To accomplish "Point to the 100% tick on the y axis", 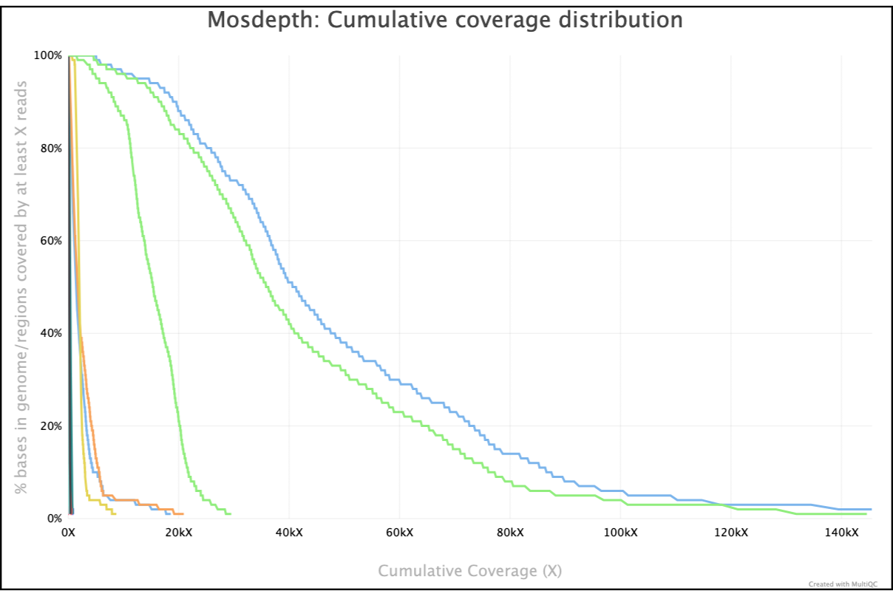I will pyautogui.click(x=48, y=55).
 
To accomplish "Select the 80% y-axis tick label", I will pyautogui.click(x=50, y=148).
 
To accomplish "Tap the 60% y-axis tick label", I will pyautogui.click(x=50, y=241).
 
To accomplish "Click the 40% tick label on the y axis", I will pyautogui.click(x=50, y=333).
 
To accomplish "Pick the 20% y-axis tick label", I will pyautogui.click(x=50, y=426).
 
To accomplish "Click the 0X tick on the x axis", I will pyautogui.click(x=68, y=533).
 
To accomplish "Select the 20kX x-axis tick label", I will pyautogui.click(x=178, y=533).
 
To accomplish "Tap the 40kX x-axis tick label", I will pyautogui.click(x=289, y=533).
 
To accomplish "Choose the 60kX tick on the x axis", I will pyautogui.click(x=399, y=533).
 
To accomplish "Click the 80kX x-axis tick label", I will pyautogui.click(x=510, y=533).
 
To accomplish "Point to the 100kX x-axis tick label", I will pyautogui.click(x=620, y=533).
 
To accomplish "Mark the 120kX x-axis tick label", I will pyautogui.click(x=731, y=533).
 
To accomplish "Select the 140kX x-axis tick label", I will pyautogui.click(x=841, y=533).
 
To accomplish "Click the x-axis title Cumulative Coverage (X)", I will pyautogui.click(x=470, y=571).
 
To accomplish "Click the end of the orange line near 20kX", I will pyautogui.click(x=182, y=513).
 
